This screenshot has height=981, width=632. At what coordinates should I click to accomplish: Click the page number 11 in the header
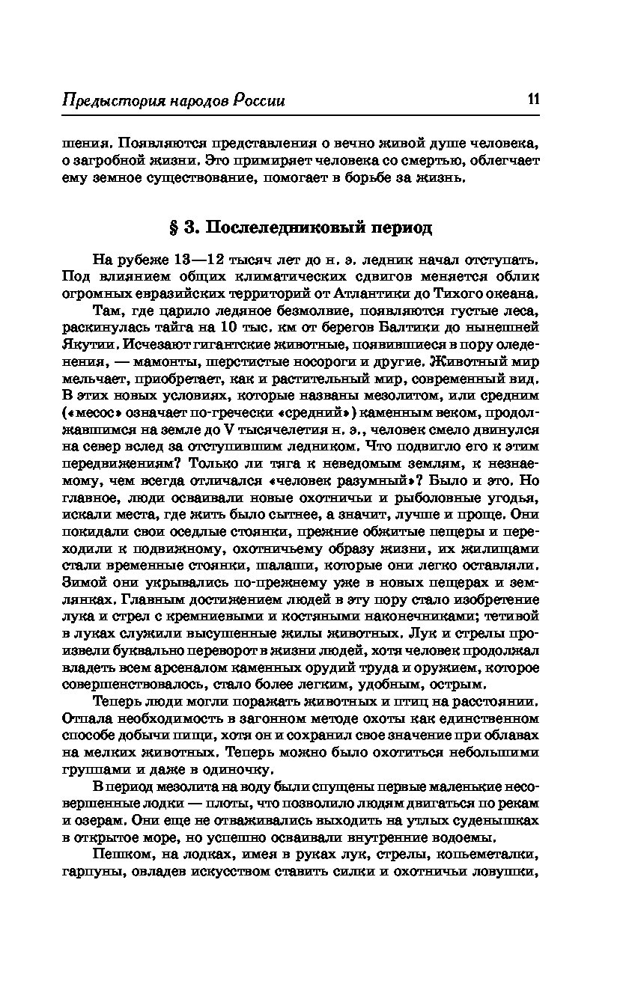pyautogui.click(x=533, y=100)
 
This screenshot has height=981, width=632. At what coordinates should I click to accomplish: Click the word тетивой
pyautogui.click(x=516, y=615)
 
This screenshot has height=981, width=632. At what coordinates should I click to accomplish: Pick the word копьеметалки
pyautogui.click(x=490, y=854)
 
